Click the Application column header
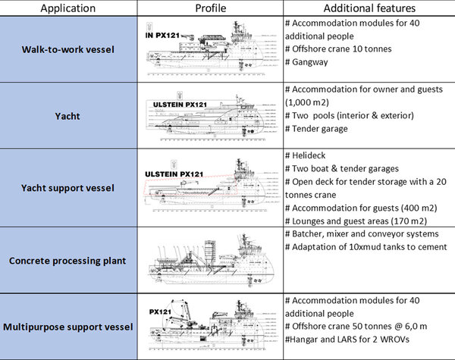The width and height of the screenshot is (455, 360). (68, 8)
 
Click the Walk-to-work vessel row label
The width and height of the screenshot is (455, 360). (68, 49)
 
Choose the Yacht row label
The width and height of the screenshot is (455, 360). (68, 117)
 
